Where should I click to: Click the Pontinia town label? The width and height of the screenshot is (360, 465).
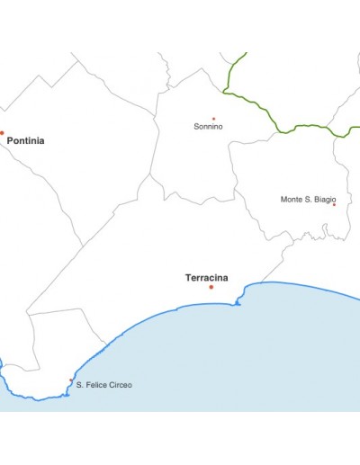point(25,141)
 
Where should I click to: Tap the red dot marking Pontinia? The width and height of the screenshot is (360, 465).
point(2,133)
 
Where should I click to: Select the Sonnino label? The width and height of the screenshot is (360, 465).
point(208,127)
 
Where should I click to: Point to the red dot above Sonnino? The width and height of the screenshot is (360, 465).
point(213,119)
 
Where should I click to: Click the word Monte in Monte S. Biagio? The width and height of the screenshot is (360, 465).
point(292,200)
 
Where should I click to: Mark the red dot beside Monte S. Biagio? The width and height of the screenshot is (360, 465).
point(334,205)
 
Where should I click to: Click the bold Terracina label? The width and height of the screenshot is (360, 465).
point(206,277)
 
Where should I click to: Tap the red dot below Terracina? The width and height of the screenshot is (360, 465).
point(211,287)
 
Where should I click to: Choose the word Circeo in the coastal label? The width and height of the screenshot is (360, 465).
point(120,385)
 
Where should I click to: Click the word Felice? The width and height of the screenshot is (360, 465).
point(96,385)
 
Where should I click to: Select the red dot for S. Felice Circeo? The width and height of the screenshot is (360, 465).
point(71,380)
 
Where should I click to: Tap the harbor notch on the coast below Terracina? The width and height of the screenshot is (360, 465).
point(238,304)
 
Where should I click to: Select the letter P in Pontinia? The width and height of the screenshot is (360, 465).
point(10,141)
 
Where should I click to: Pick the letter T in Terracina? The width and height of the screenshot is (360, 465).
point(188,277)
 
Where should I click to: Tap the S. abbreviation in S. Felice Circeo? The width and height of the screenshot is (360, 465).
point(80,385)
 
